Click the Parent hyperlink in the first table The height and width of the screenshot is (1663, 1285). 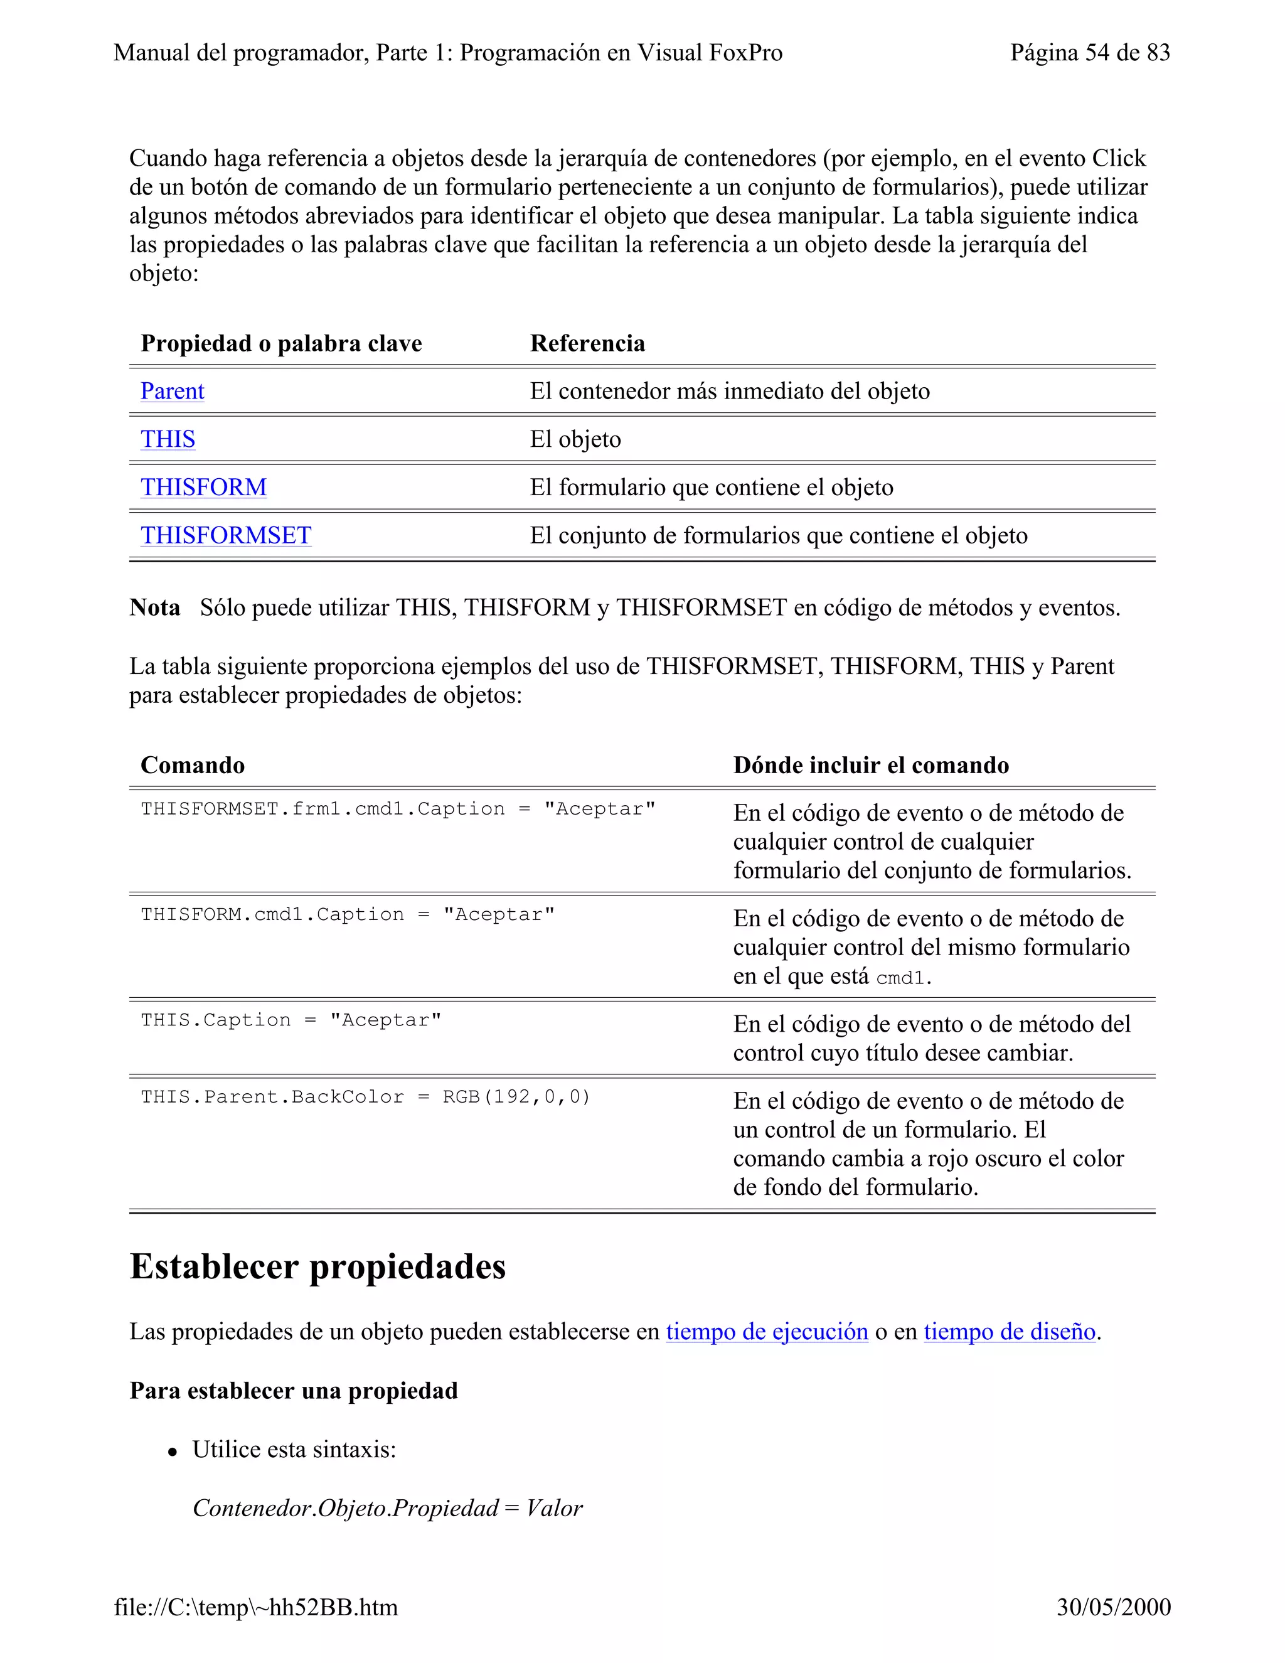click(172, 392)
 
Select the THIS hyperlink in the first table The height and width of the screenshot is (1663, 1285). click(168, 439)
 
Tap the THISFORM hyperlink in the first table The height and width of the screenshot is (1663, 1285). click(203, 488)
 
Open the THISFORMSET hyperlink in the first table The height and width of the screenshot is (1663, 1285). click(225, 535)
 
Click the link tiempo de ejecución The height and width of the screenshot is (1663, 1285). click(767, 1332)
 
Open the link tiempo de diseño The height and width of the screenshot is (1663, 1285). click(1010, 1332)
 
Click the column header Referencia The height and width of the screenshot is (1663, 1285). click(587, 343)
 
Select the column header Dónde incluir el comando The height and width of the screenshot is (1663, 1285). click(871, 765)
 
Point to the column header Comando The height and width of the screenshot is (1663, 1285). click(193, 765)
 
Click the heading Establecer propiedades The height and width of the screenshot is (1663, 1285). click(317, 1267)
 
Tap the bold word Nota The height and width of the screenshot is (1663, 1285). click(154, 607)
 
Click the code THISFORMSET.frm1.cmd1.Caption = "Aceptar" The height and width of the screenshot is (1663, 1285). click(397, 810)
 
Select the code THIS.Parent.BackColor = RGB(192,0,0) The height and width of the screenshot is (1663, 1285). click(365, 1097)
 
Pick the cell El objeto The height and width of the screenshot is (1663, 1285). click(575, 439)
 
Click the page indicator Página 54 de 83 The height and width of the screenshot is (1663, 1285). click(1089, 53)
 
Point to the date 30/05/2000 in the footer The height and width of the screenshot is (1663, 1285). click(1113, 1607)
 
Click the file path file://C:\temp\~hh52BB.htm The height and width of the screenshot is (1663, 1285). click(256, 1607)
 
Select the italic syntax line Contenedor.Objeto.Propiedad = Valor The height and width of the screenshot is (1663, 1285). click(388, 1509)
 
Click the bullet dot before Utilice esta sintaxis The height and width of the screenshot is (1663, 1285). click(173, 1453)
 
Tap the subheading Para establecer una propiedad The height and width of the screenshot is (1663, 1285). click(294, 1391)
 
